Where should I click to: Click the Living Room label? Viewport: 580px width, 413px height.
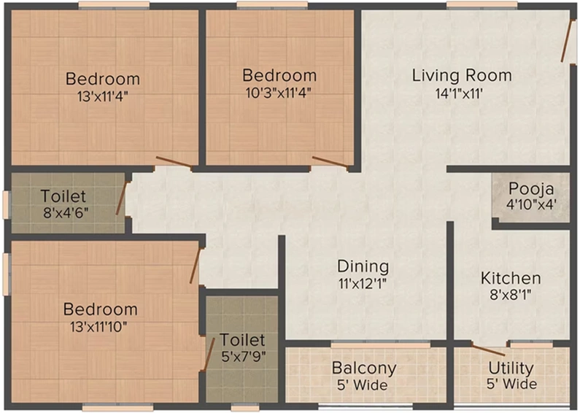(462, 75)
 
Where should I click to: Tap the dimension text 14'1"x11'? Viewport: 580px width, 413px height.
(459, 93)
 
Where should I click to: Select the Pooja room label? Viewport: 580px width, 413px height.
(531, 189)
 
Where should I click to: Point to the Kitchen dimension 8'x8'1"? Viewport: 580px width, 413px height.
(511, 295)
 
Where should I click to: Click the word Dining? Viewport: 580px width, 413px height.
(363, 266)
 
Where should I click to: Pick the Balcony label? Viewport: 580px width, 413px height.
(364, 368)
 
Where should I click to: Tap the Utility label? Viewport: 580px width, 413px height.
(511, 368)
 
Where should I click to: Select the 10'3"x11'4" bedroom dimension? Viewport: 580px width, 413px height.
(278, 93)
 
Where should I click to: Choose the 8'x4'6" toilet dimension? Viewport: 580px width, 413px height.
(66, 213)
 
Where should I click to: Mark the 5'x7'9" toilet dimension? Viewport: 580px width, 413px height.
(244, 356)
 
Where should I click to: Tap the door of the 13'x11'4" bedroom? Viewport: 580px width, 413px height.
(174, 162)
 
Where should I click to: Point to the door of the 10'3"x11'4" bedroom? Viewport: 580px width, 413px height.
(330, 162)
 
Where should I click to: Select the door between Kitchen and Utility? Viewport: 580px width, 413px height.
(490, 350)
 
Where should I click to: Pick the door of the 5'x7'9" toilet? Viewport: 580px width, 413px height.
(208, 355)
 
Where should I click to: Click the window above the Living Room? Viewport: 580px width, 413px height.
(482, 4)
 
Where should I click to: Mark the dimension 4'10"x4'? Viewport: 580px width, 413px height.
(531, 204)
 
